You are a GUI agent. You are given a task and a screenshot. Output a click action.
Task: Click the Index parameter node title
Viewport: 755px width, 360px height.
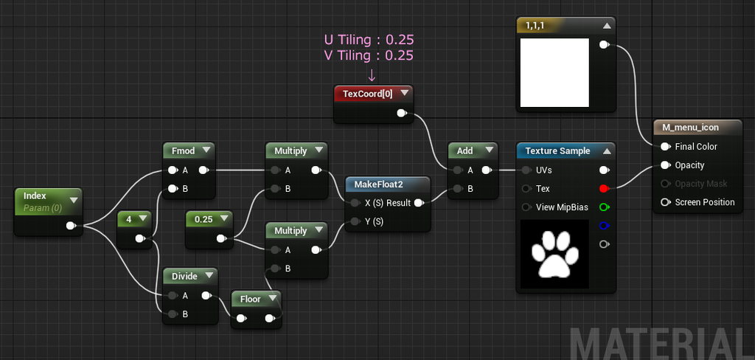(35, 196)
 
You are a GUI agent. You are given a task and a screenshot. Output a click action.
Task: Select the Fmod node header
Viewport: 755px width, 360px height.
(184, 150)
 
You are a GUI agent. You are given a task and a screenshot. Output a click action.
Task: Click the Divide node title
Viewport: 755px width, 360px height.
(185, 276)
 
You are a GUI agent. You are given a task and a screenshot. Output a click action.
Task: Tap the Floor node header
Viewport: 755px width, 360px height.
(251, 300)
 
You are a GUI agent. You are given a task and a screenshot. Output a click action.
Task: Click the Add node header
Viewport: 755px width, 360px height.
(465, 150)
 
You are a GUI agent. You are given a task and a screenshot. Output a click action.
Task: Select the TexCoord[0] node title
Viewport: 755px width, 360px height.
(367, 94)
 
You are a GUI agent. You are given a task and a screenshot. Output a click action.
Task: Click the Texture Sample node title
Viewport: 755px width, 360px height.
(557, 150)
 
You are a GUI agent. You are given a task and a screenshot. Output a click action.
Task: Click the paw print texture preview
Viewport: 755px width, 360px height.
(554, 254)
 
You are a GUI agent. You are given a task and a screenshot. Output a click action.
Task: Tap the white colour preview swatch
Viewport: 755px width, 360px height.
(554, 72)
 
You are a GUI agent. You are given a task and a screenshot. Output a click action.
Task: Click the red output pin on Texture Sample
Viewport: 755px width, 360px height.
(604, 188)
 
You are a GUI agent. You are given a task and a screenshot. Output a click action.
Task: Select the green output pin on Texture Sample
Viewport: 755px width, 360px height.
(604, 207)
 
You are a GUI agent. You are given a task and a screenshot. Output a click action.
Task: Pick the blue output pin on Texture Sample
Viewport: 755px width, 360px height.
(604, 226)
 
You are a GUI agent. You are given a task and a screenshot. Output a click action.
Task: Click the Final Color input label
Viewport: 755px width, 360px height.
(696, 147)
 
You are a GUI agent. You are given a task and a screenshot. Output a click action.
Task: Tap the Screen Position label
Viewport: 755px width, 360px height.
(705, 202)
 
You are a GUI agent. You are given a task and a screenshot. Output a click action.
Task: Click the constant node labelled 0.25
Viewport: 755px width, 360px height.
(209, 229)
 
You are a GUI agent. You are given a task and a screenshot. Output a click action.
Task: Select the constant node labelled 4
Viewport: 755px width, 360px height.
(134, 229)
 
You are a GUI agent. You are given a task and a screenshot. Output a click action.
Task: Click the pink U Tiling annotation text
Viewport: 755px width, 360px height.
(369, 40)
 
